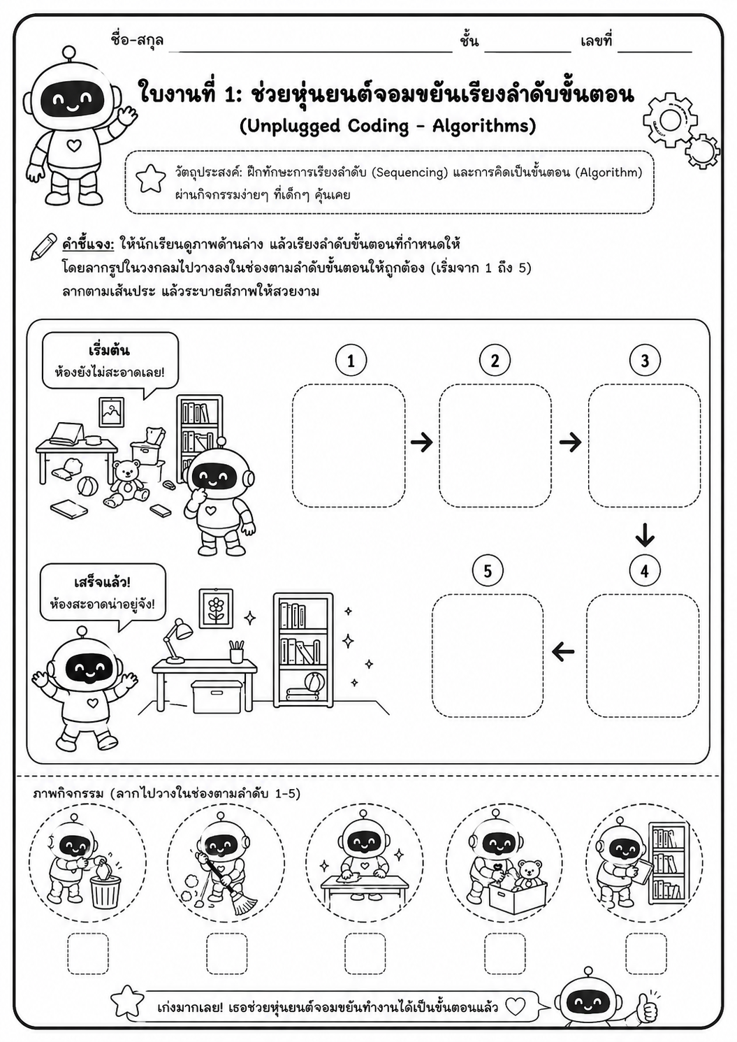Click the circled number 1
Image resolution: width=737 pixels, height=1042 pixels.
coord(351,361)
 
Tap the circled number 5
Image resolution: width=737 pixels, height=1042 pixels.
coord(488,571)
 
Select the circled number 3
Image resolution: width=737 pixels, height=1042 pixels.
coord(645,361)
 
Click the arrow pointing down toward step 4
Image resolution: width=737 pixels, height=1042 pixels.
coord(645,535)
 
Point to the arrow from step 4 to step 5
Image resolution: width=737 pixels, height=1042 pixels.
coord(563,652)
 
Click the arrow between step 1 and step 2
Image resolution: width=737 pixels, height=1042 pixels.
coord(422,442)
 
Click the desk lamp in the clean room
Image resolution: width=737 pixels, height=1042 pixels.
coord(178,640)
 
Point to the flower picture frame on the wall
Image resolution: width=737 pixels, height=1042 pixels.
coord(216,609)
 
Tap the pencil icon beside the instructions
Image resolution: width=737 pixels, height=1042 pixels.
coord(44,247)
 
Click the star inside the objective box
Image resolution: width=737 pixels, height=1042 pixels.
coord(151,179)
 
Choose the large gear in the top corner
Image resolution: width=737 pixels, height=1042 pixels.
coord(670,120)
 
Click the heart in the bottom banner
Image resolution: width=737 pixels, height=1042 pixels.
coord(516,1008)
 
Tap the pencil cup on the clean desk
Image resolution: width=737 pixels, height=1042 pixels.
coord(237,651)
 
